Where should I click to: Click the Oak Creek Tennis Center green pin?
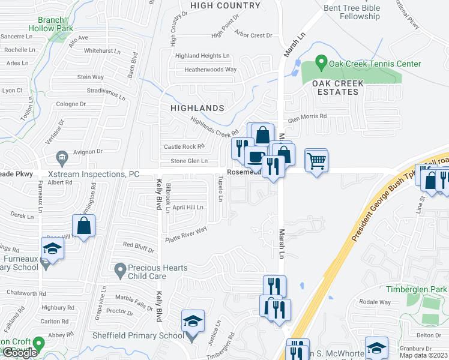click(321, 62)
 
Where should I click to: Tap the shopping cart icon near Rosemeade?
click(316, 161)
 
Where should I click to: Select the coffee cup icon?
click(256, 157)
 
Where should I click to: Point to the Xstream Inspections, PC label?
click(93, 174)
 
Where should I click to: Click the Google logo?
click(20, 353)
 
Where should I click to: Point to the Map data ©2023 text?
click(424, 355)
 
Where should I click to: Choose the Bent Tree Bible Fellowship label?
click(352, 12)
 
